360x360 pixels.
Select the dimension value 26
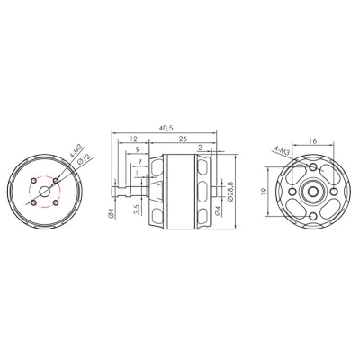184,140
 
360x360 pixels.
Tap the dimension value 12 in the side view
133,140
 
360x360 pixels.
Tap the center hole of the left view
45,192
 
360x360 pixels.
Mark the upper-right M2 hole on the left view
56,181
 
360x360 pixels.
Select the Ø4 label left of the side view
110,212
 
